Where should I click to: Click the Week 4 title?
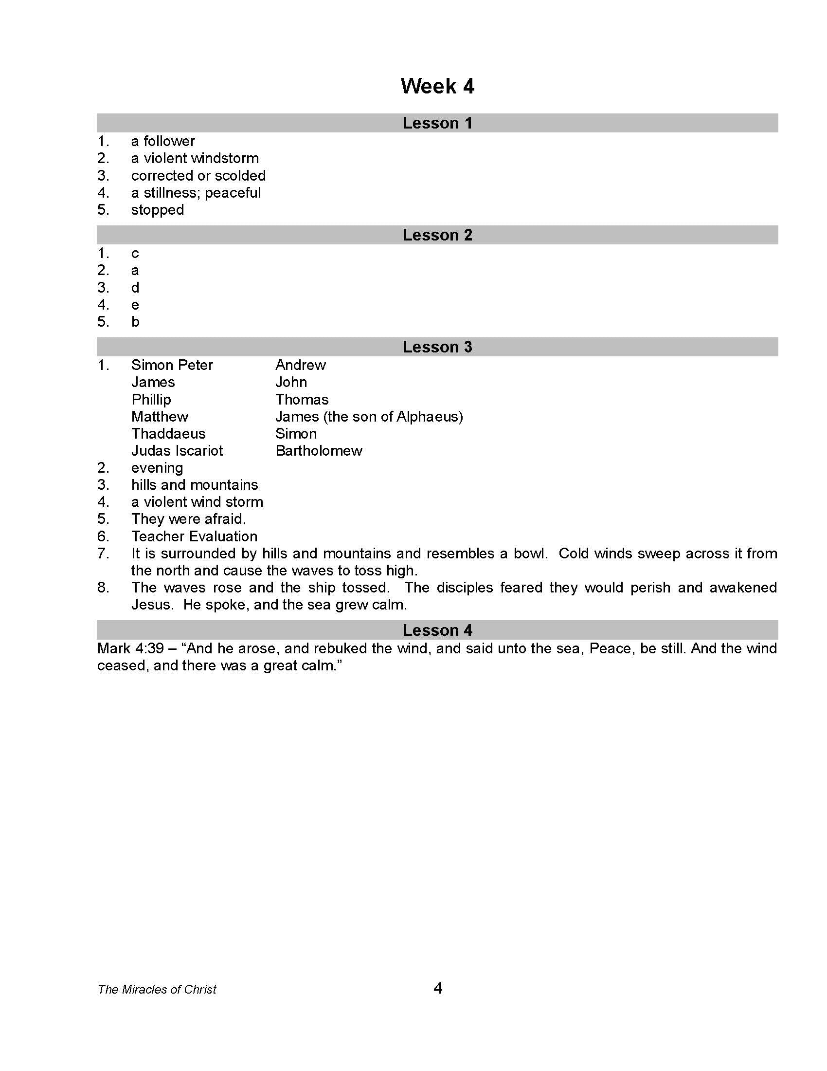tap(437, 86)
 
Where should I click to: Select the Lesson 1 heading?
tap(437, 123)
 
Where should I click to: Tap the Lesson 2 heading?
tap(437, 235)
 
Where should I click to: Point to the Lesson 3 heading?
tap(437, 347)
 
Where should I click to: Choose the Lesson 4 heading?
tap(437, 630)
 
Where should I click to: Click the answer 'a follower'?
tap(162, 141)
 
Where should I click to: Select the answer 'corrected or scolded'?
tap(198, 176)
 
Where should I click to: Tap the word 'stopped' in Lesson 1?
tap(157, 210)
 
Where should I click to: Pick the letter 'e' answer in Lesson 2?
tap(135, 305)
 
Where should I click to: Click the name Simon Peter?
tap(172, 365)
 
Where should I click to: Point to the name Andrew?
tap(300, 365)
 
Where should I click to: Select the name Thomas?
tap(302, 400)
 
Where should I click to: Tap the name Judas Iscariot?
tap(177, 451)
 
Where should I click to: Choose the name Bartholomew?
tap(319, 451)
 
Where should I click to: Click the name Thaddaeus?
tap(168, 433)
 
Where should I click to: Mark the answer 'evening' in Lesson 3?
tap(157, 468)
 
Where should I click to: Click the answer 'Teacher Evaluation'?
tap(194, 536)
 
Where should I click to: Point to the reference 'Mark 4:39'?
tap(130, 649)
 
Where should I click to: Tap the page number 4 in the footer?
tap(438, 988)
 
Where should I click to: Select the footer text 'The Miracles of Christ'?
tap(157, 990)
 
